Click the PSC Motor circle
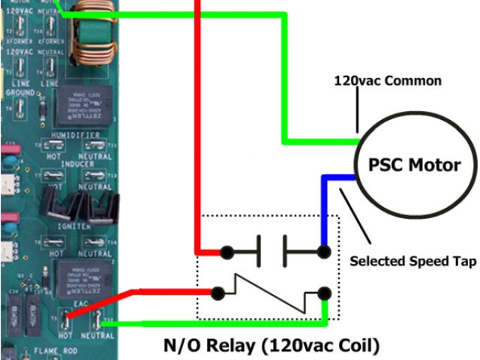coord(414,166)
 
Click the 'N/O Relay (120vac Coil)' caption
coord(271,346)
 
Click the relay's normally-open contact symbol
coord(272,251)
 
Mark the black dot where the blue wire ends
coord(324,251)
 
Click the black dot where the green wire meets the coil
coord(324,292)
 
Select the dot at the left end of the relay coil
coord(217,292)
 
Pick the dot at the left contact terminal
coord(224,251)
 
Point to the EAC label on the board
coord(77,301)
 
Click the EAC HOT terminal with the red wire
coord(66,320)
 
